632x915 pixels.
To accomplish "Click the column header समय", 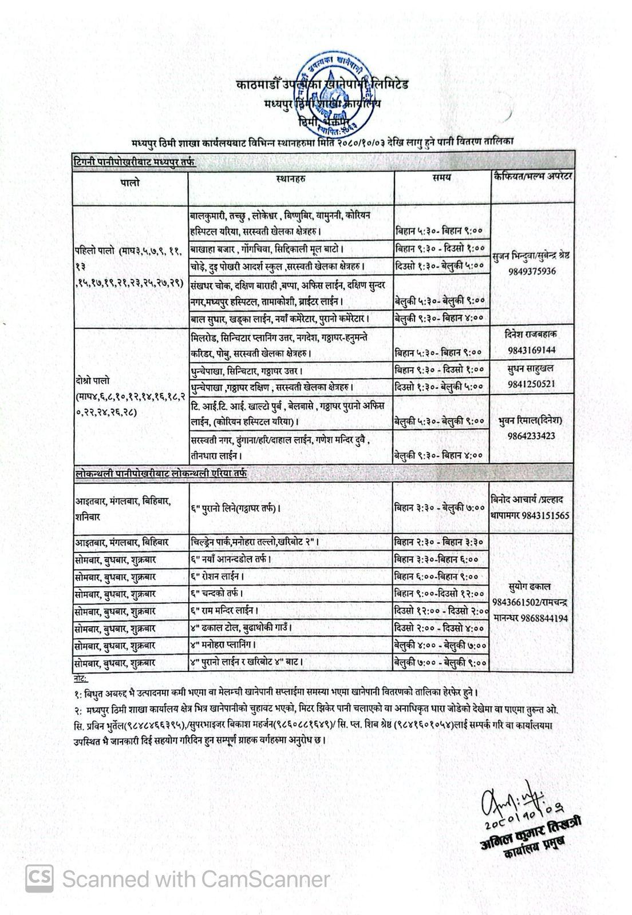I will click(x=441, y=177).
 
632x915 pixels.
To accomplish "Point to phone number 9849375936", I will click(x=532, y=271).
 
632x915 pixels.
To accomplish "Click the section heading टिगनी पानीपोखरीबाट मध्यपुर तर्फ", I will click(x=135, y=162).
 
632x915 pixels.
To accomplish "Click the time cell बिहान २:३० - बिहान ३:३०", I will click(x=439, y=542).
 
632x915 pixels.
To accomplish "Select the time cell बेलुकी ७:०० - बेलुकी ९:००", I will click(x=440, y=662).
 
